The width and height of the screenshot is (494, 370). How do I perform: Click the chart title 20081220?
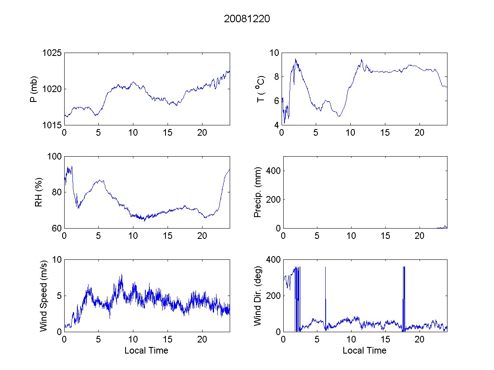(247, 19)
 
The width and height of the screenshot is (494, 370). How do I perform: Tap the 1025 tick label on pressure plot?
(52, 53)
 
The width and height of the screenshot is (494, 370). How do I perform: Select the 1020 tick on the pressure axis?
(52, 89)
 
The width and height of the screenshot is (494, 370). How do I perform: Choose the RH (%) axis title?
(39, 192)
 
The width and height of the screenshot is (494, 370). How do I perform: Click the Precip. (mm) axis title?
(258, 192)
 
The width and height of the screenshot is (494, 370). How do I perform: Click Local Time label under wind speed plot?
(146, 351)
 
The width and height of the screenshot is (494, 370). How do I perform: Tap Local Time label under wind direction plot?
(364, 351)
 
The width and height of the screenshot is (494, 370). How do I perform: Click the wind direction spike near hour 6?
(325, 268)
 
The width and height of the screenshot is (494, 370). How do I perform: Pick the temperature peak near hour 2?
(295, 59)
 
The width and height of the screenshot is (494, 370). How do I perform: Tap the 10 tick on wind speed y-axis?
(57, 260)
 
